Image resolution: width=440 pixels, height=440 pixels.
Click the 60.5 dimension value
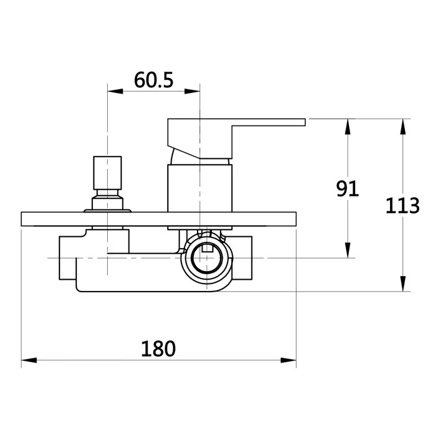point(153,80)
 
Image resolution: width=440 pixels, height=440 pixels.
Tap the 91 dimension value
point(348,188)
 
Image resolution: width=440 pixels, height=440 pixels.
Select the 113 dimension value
point(403,206)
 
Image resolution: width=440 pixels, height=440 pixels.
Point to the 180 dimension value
point(158,349)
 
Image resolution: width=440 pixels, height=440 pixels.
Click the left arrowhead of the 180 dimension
point(29,360)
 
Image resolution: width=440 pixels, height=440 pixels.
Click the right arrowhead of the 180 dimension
point(288,360)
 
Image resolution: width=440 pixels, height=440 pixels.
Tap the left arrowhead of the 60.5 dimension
point(115,91)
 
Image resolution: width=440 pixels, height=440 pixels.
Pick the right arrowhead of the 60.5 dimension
point(192,91)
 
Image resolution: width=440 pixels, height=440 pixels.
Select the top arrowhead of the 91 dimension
point(348,127)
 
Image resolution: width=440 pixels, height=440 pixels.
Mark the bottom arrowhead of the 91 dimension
point(348,250)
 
